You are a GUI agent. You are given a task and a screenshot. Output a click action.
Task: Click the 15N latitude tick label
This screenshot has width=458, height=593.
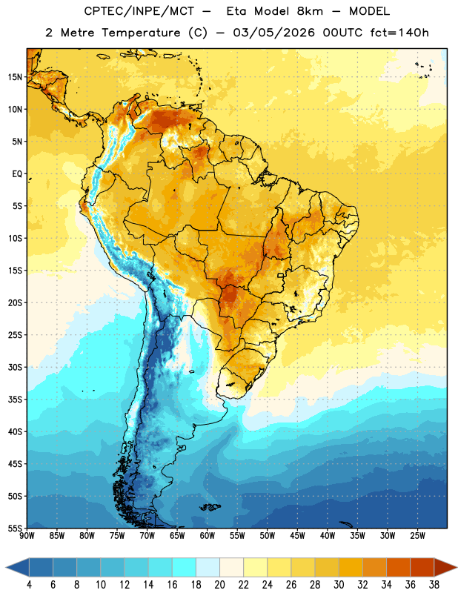(15, 77)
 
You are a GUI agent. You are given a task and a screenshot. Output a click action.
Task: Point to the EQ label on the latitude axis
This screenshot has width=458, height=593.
(17, 174)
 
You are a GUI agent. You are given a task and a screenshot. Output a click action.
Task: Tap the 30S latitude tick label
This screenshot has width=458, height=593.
(15, 367)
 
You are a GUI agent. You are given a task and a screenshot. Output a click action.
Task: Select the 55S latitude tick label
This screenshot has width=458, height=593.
(15, 529)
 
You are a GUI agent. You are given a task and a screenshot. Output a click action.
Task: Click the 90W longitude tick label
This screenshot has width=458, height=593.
(27, 536)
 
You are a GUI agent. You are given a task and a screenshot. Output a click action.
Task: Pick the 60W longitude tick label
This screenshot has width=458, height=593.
(208, 536)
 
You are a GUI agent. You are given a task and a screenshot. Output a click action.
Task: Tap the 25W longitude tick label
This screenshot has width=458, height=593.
(417, 536)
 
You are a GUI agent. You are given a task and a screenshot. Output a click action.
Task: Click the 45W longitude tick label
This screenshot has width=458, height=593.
(297, 536)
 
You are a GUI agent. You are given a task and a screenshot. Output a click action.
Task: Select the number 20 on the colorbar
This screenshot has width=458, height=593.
(219, 585)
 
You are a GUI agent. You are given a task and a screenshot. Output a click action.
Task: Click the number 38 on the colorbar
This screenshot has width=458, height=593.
(434, 585)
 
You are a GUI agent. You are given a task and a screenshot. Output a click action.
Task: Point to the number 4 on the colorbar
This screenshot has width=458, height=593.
(29, 585)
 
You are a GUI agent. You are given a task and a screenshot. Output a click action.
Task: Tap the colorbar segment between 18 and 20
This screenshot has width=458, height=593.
(208, 568)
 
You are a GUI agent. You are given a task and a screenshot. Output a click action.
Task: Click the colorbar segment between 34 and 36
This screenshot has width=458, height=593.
(398, 568)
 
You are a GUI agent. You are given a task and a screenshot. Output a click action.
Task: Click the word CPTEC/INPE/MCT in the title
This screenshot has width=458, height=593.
(139, 11)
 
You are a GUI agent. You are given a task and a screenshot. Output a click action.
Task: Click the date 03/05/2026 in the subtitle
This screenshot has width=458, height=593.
(273, 33)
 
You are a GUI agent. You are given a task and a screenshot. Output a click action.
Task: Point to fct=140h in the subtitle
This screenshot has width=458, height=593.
(399, 33)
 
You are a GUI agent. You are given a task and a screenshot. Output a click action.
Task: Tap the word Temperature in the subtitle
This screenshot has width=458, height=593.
(141, 33)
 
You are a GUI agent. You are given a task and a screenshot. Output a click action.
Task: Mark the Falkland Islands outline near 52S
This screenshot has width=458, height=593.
(210, 507)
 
